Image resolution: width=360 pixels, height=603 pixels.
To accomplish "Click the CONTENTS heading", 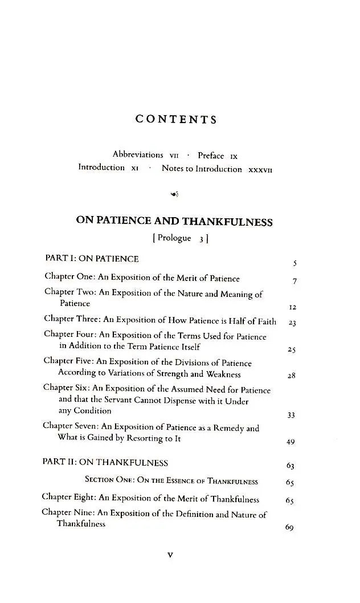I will (x=176, y=120).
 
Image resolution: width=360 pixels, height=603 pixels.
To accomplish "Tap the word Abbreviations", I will (x=138, y=154).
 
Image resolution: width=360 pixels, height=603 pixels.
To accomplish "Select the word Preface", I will (x=211, y=155).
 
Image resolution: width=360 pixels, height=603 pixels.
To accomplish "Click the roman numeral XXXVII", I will (x=261, y=169).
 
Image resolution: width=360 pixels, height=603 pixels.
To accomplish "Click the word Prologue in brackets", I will (x=174, y=238).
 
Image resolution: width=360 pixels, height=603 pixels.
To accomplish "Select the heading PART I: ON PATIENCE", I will (x=92, y=259).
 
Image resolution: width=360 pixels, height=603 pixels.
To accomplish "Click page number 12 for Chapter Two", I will (x=293, y=307).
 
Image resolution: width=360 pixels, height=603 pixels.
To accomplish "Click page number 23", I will (x=292, y=323).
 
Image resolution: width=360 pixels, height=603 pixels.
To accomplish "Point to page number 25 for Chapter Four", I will (x=292, y=350).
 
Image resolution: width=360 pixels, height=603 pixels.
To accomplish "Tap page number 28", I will (x=292, y=376).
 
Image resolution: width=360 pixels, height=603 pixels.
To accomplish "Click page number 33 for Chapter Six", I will (x=291, y=415).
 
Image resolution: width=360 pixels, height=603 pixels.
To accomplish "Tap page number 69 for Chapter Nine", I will (x=289, y=528).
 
